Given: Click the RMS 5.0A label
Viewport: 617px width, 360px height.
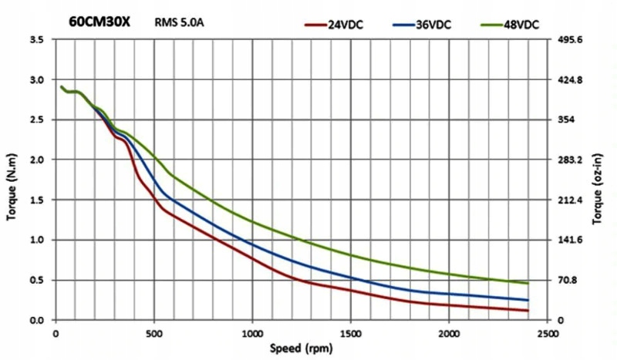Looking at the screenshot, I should coord(179,22).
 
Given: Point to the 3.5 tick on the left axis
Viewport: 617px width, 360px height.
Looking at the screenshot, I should coord(36,39).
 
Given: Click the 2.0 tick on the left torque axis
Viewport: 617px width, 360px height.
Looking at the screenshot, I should coord(36,160).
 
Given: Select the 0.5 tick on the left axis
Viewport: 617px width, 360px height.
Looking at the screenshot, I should coord(36,280).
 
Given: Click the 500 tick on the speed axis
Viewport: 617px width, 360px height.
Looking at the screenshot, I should coord(154,332).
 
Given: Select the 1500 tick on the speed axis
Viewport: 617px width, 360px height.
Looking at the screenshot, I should coord(351,332).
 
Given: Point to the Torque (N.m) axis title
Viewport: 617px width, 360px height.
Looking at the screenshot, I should coord(12,180).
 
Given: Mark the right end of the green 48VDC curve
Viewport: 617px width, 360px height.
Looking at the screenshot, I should coord(528,283).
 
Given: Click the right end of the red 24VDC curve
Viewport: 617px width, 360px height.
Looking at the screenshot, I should coord(528,311).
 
